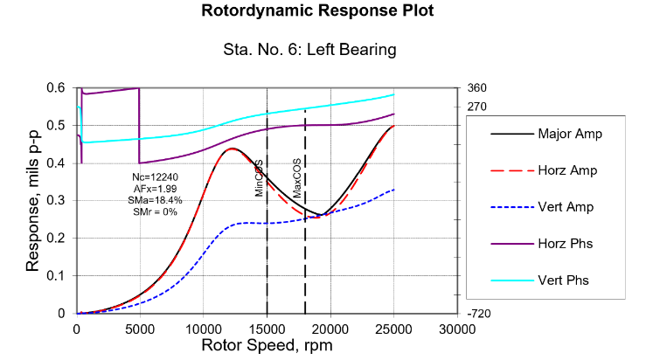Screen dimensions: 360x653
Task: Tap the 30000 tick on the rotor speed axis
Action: (x=456, y=329)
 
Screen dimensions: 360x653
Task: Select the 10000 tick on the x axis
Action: (x=203, y=329)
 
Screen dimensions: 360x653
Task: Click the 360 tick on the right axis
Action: (x=476, y=88)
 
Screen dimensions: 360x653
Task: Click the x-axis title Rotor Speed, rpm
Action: (x=267, y=345)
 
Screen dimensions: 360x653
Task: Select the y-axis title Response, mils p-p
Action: (x=33, y=199)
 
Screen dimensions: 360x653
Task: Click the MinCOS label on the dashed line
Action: (x=260, y=178)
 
